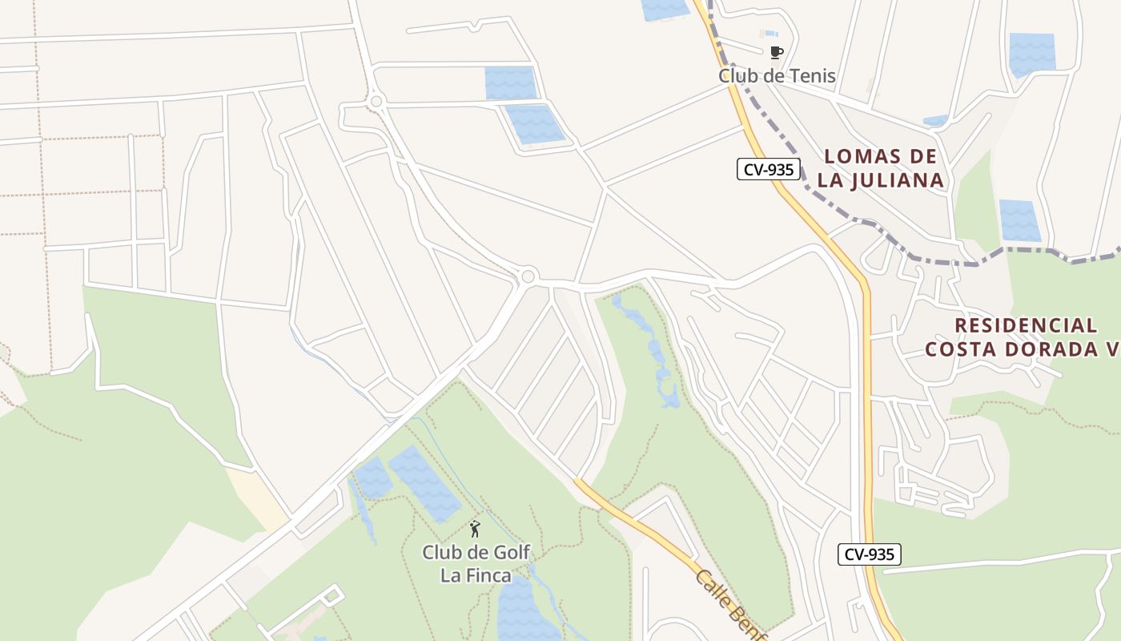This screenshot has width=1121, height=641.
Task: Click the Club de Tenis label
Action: point(777,76)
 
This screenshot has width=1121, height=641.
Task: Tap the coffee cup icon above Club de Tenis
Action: point(775,53)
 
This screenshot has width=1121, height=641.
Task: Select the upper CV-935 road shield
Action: point(769,169)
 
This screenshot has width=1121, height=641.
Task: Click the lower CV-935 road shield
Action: point(870,554)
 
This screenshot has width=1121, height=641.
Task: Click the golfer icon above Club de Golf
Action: point(475,529)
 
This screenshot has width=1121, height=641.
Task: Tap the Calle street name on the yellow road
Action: point(713,587)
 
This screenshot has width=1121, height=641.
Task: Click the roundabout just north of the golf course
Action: point(527,276)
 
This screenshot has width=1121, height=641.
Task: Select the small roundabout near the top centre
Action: point(376,101)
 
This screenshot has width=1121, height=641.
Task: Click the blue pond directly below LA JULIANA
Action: point(1019,220)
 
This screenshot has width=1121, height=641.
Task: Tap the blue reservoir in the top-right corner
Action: point(1031,53)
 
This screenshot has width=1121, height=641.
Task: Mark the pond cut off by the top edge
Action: point(665,10)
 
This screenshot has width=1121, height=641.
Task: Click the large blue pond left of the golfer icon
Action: point(424,483)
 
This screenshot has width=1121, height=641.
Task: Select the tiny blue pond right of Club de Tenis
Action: point(935,121)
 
